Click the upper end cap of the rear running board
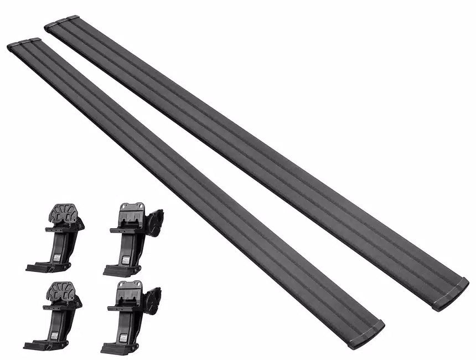tap(61, 23)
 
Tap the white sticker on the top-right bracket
tap(126, 259)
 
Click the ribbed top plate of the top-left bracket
tap(66, 213)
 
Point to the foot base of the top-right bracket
tap(118, 270)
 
